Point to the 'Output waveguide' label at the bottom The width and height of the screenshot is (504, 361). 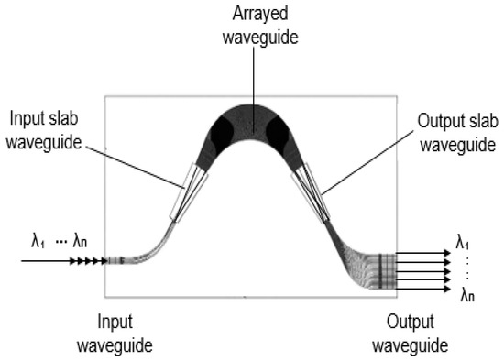click(413, 334)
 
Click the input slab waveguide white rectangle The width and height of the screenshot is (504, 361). click(185, 191)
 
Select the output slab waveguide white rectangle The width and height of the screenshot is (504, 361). click(311, 191)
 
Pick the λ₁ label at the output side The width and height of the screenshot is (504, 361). click(466, 243)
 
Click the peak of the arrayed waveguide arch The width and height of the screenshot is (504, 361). click(249, 103)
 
